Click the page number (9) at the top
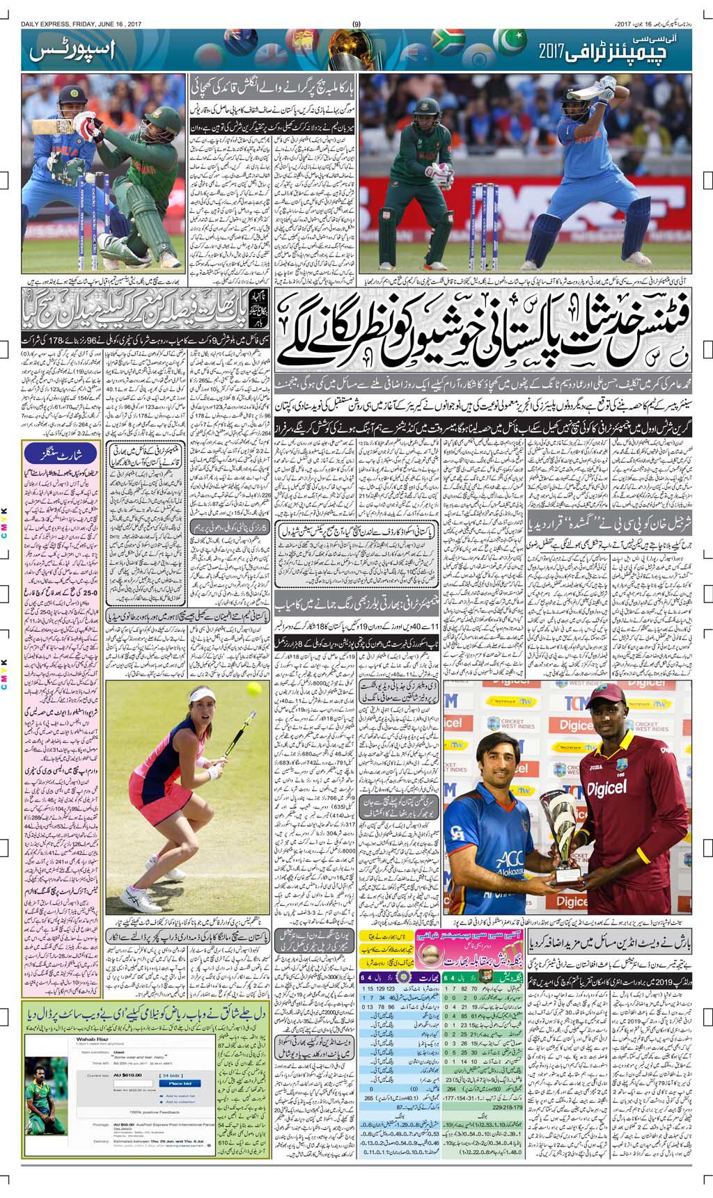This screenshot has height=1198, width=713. tap(356, 24)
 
